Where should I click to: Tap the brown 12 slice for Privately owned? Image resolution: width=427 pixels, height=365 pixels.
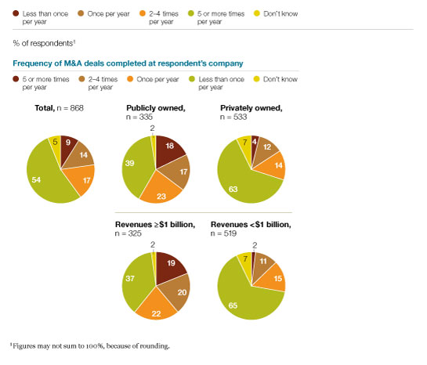267,146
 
